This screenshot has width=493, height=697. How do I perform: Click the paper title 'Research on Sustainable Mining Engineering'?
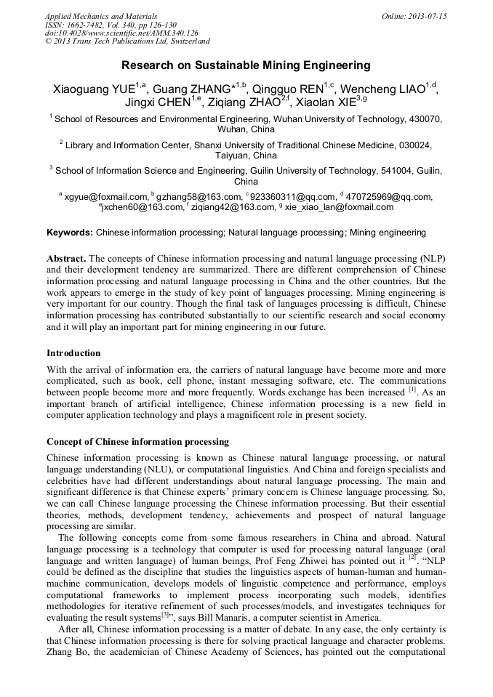pos(246,65)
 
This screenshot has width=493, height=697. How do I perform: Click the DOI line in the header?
pos(121,33)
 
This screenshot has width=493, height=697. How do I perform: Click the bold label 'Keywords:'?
pos(70,233)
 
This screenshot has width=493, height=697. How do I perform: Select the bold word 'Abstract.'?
pos(66,258)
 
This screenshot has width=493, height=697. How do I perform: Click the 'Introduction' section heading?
pos(73,353)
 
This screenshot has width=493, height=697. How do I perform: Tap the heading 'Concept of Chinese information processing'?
pos(137,441)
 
